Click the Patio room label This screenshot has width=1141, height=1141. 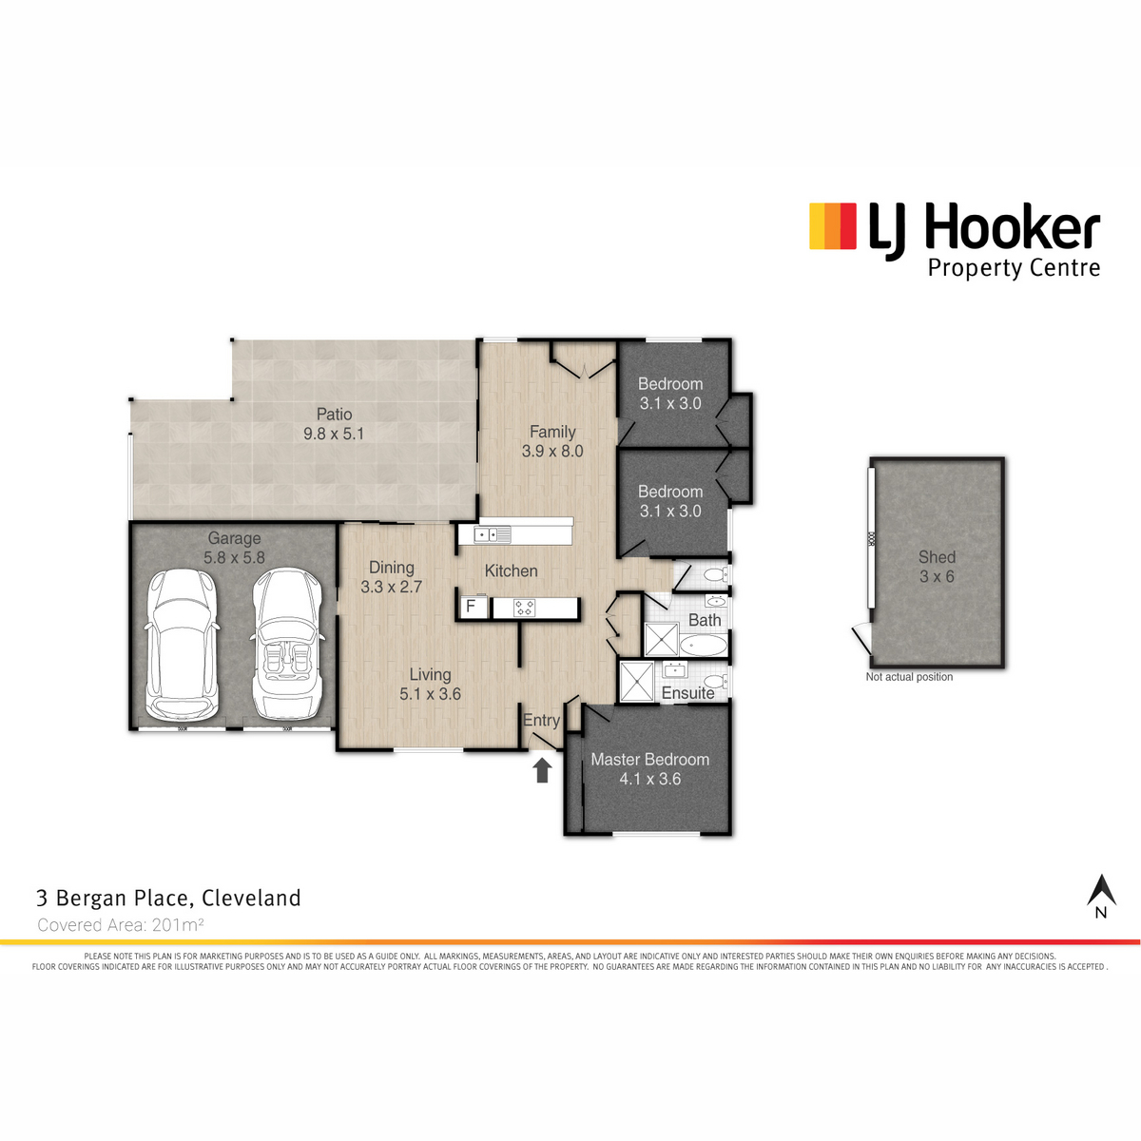click(x=334, y=414)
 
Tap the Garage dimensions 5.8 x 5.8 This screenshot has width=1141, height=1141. click(x=235, y=557)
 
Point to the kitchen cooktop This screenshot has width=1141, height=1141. click(x=525, y=608)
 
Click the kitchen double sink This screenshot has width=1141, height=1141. click(x=492, y=535)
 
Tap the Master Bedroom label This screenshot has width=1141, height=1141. click(x=650, y=759)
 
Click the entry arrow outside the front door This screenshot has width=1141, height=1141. click(x=542, y=771)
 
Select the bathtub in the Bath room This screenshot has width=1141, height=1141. click(x=704, y=646)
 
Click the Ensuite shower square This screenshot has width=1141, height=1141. click(x=636, y=682)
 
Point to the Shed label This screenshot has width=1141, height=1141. click(x=937, y=556)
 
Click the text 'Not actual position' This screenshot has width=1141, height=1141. click(x=910, y=677)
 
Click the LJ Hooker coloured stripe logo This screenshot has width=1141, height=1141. click(x=833, y=226)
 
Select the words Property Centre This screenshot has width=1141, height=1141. click(x=1014, y=268)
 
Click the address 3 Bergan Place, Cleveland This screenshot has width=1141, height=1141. click(x=168, y=899)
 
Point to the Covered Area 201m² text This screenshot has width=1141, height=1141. click(x=121, y=924)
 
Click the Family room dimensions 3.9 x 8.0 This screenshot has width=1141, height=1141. click(x=552, y=452)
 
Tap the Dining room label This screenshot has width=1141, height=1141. click(x=392, y=568)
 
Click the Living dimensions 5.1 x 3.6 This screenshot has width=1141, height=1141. click(x=430, y=694)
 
